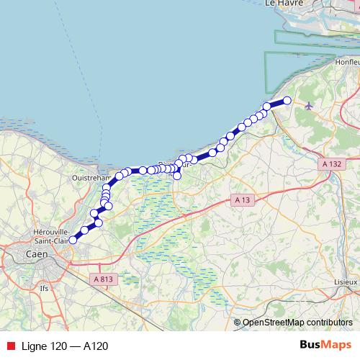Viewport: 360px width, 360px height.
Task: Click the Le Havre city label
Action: click(282, 4)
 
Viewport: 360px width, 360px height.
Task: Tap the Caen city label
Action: click(36, 254)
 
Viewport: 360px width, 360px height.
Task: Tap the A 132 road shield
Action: click(331, 164)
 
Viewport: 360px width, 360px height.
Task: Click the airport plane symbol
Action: click(310, 107)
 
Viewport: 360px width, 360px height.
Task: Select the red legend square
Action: click(9, 346)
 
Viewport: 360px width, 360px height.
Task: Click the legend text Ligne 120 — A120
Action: click(66, 346)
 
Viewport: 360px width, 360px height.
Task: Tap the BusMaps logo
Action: click(326, 346)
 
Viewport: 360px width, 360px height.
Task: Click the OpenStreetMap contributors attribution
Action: click(297, 322)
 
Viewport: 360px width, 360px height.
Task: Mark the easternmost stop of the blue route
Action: click(287, 101)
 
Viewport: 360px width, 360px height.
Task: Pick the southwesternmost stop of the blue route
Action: click(73, 240)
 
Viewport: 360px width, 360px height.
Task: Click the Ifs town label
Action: click(44, 288)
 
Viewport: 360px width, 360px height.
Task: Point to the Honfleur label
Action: click(346, 63)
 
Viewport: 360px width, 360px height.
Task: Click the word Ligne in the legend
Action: click(35, 346)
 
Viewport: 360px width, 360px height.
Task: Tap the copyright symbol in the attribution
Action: click(238, 322)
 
